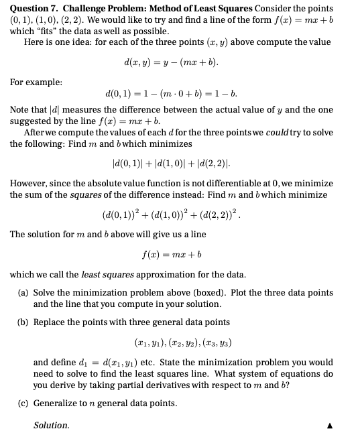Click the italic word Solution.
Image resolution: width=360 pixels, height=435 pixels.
pos(51,426)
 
